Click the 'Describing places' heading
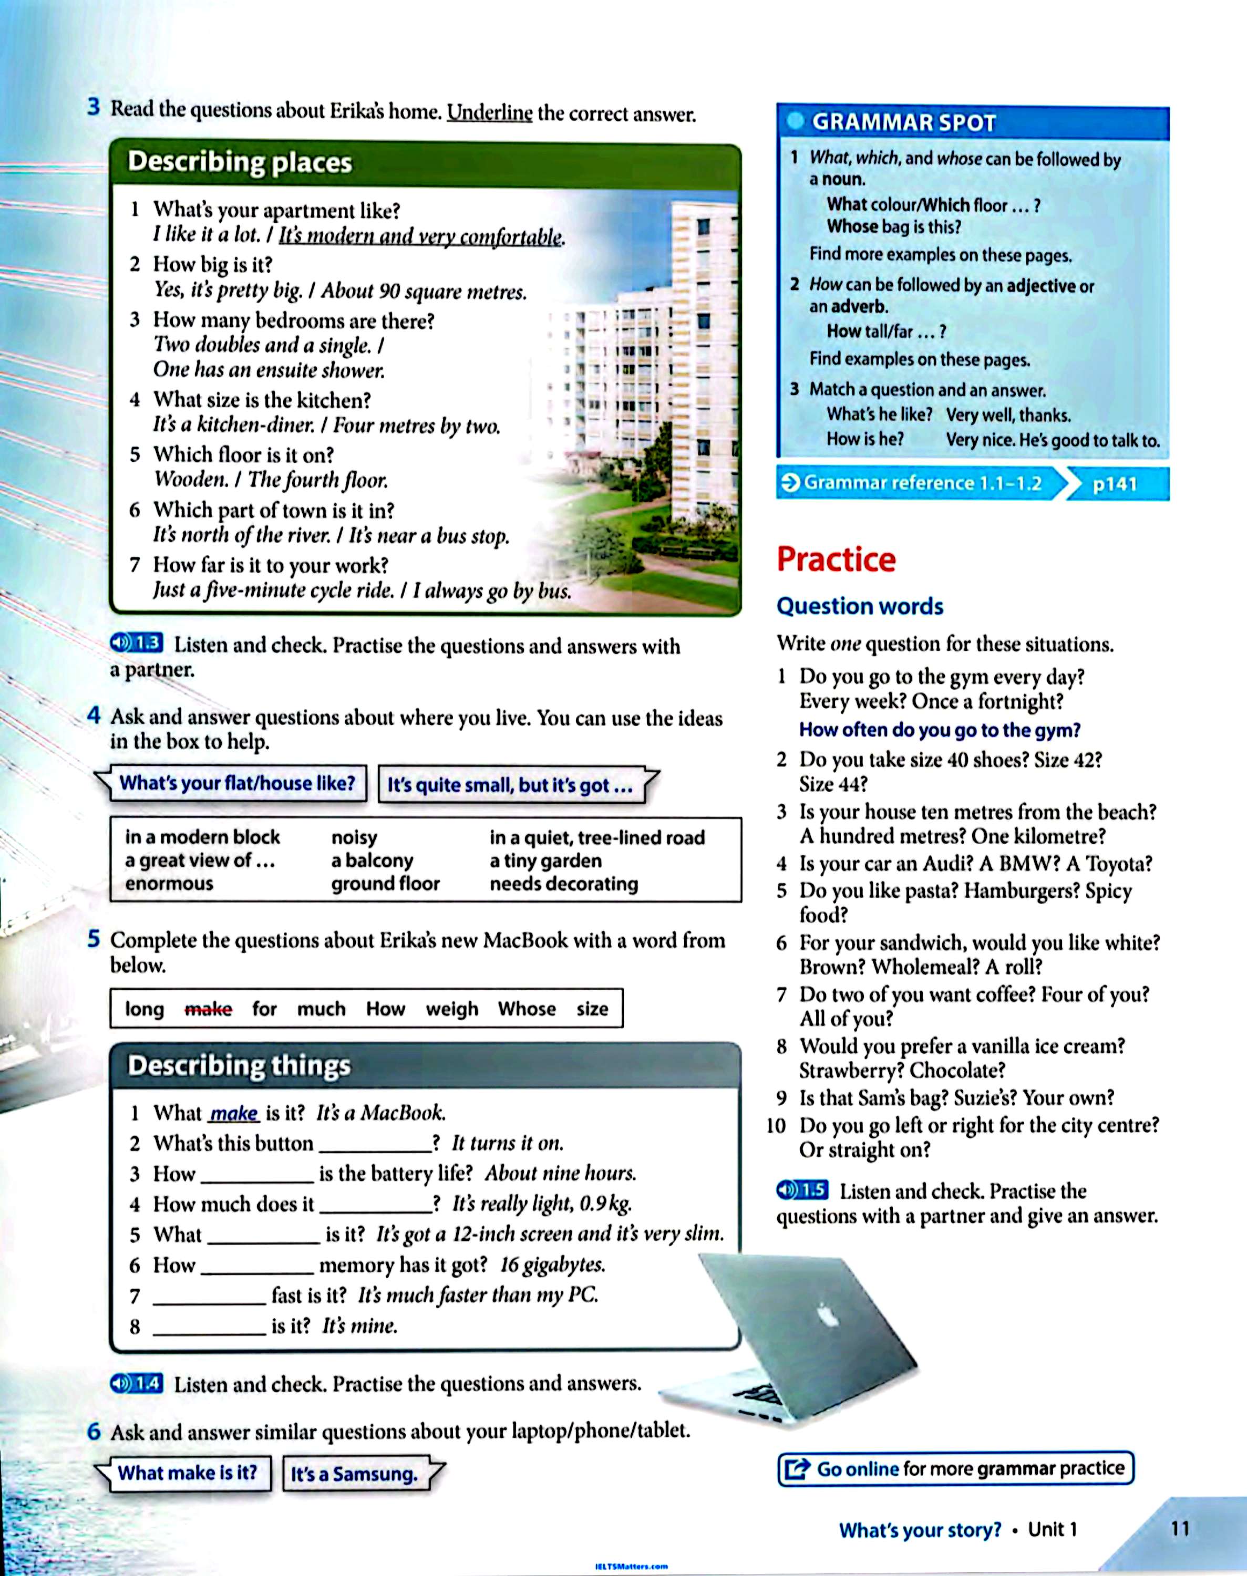240,162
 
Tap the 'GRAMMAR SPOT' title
903,122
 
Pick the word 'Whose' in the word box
527,1009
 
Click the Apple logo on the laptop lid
827,1316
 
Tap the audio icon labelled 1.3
137,643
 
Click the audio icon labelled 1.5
802,1190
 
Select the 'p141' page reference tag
1115,484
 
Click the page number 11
1180,1528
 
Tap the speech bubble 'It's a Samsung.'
355,1474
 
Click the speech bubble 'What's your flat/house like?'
236,783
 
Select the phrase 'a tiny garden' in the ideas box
545,860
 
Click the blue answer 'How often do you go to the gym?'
939,730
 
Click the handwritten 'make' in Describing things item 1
234,1113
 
